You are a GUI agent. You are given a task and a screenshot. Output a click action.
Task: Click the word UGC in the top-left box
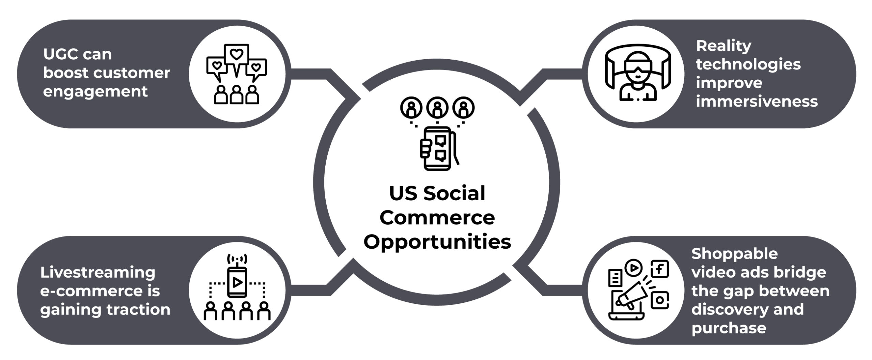[x=57, y=54]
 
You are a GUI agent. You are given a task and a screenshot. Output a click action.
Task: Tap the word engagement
[x=95, y=92]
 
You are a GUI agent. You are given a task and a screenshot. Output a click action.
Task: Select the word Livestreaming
[x=98, y=272]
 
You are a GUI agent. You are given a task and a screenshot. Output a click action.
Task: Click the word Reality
[x=723, y=46]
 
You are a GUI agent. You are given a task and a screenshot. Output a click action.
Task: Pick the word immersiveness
[x=757, y=101]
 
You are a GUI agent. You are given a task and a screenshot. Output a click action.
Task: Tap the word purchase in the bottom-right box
[x=729, y=328]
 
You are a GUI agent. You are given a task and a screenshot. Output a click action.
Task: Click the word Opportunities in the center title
[x=437, y=242]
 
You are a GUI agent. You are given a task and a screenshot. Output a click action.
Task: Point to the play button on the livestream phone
[x=237, y=282]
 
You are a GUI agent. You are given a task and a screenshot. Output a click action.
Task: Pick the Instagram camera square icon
[x=660, y=300]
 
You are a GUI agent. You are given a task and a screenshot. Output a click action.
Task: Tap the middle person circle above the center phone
[x=437, y=107]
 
